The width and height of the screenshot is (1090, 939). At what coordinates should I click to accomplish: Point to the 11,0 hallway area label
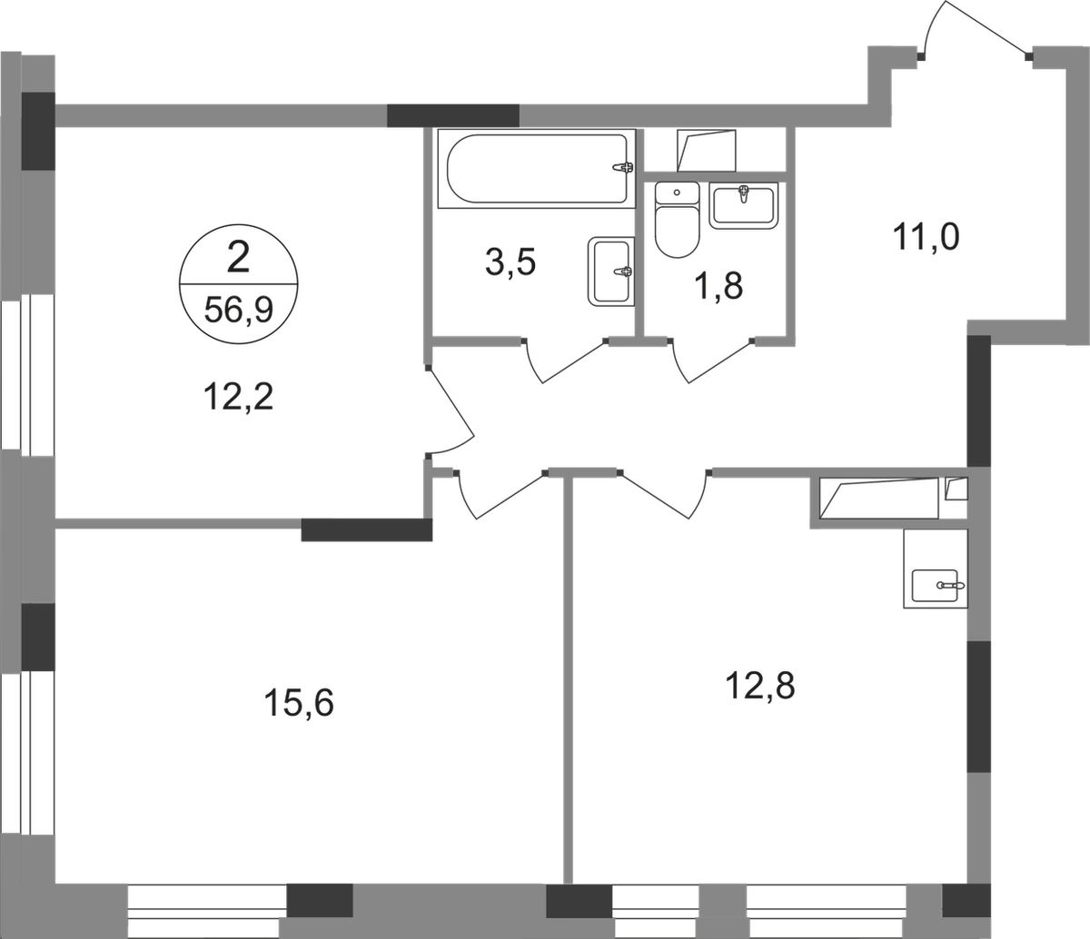pyautogui.click(x=924, y=242)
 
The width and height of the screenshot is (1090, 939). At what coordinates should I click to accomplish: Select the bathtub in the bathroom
pyautogui.click(x=534, y=167)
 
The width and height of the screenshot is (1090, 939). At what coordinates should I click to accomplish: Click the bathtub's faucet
pyautogui.click(x=621, y=167)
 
